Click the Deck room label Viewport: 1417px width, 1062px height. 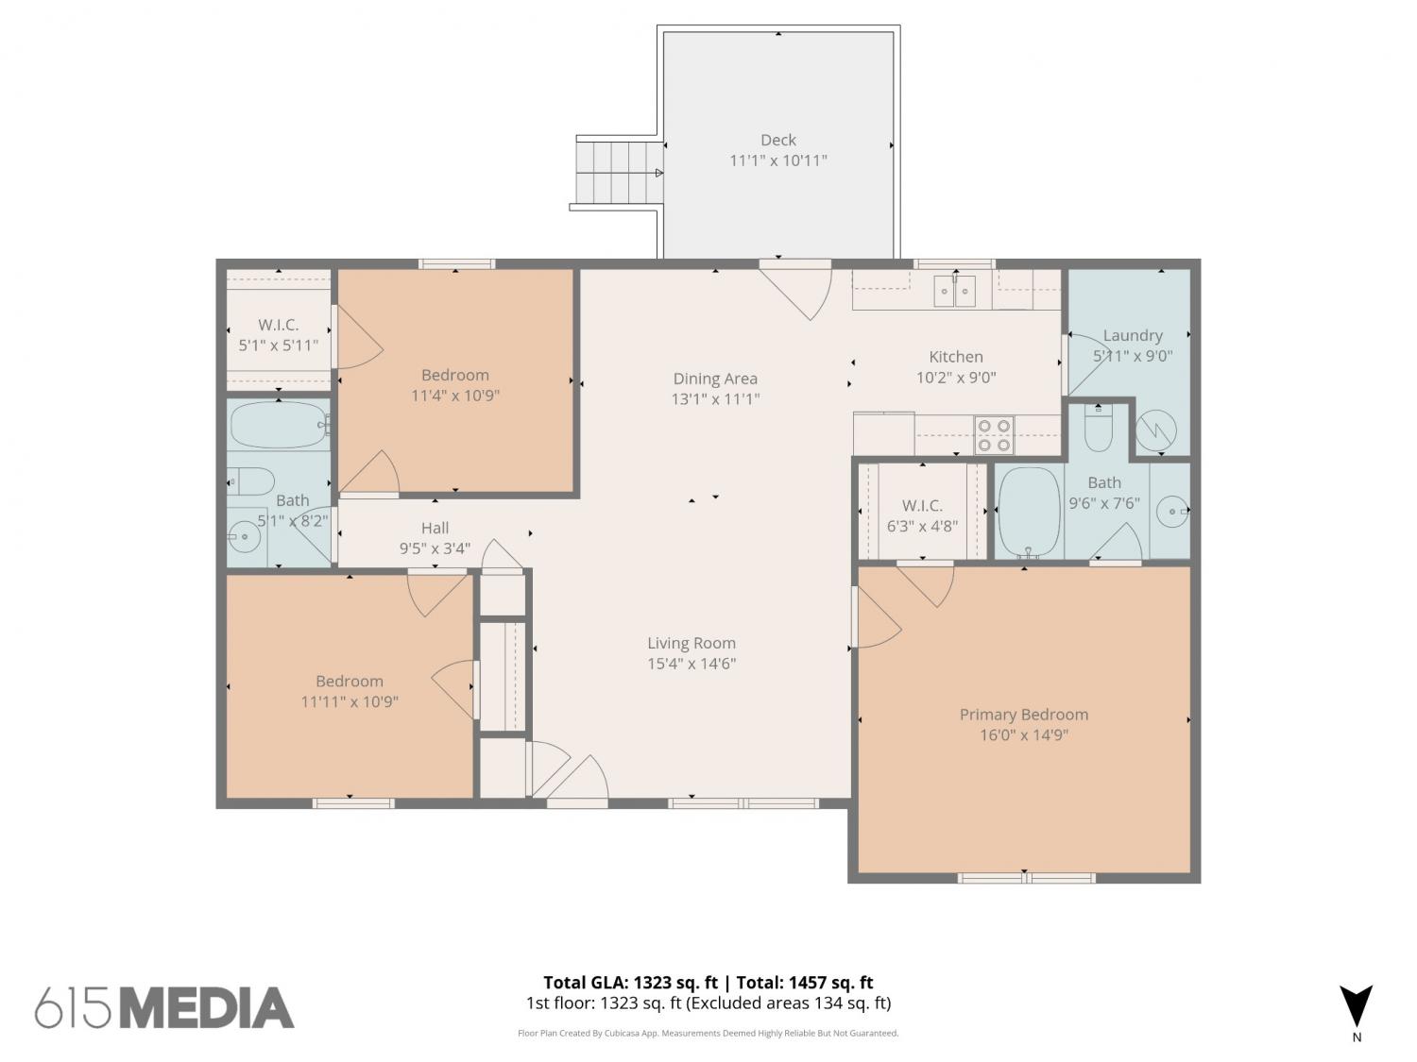click(x=777, y=140)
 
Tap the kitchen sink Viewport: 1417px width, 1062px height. click(x=954, y=291)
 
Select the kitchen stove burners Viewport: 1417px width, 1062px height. click(x=994, y=435)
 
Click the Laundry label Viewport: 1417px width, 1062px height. click(x=1133, y=335)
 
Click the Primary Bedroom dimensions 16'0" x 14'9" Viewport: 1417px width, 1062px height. click(x=1024, y=735)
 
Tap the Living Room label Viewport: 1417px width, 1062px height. click(x=691, y=643)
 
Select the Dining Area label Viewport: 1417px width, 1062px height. click(x=715, y=379)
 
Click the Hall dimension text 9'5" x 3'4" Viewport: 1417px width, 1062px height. click(x=435, y=548)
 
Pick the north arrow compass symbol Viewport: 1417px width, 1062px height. click(x=1357, y=1008)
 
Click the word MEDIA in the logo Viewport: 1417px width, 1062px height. click(x=208, y=1008)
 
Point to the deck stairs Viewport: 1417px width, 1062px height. click(x=620, y=173)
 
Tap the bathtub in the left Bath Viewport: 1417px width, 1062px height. click(x=279, y=425)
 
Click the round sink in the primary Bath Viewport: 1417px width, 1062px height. click(x=1171, y=512)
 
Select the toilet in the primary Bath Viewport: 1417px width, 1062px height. click(x=1098, y=428)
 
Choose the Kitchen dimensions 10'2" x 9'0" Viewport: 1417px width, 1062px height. click(x=956, y=378)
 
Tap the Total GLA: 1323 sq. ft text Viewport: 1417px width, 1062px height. click(x=631, y=982)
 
